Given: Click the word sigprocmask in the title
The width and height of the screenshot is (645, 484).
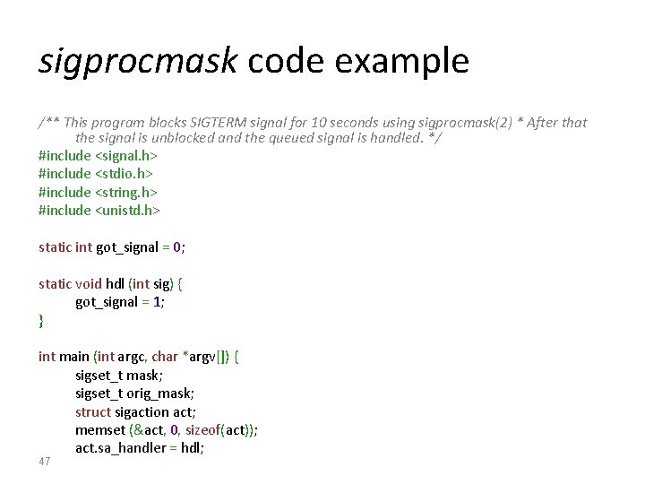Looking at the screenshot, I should point(138,62).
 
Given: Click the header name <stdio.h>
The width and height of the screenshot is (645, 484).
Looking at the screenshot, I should point(125,174).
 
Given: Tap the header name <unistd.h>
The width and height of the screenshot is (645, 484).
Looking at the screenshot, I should point(127,211).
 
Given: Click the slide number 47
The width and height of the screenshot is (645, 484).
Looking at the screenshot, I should point(45,462).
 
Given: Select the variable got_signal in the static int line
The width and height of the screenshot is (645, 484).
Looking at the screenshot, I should point(133,247).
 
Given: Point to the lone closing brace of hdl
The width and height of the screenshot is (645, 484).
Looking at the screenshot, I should point(41,320).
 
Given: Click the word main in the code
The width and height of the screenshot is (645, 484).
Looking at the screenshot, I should point(74,357).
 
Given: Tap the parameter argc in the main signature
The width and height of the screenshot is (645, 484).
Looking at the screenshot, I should point(130,357).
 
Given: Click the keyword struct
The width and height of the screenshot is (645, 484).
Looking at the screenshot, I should point(93,412).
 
